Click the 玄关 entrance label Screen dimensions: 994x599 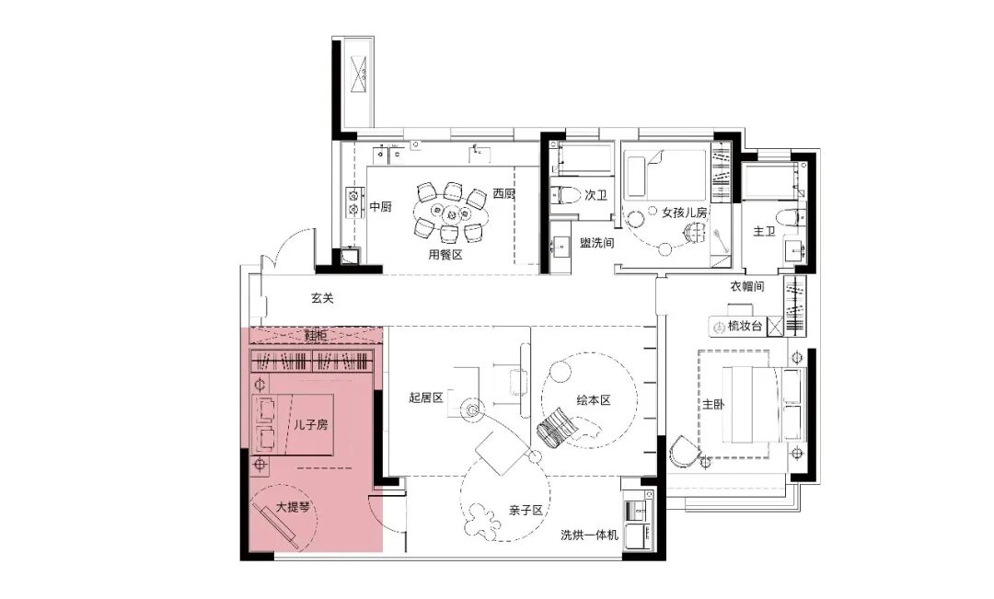click(x=322, y=297)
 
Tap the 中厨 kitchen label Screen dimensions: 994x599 click(x=380, y=207)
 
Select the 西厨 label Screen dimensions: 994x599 click(x=504, y=193)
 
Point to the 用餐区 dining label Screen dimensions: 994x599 click(x=445, y=255)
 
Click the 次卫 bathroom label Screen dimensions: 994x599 click(x=595, y=194)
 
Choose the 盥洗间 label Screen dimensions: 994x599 click(x=597, y=242)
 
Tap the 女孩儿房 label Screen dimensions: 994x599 click(x=685, y=213)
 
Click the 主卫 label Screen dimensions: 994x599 click(x=764, y=231)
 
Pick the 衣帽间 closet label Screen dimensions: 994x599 click(x=746, y=286)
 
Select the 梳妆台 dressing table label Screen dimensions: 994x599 click(x=745, y=327)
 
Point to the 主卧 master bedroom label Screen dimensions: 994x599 click(x=713, y=404)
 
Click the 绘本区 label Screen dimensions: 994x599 click(x=594, y=400)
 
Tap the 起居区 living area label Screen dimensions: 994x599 click(x=426, y=397)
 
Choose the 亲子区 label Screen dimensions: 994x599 click(x=526, y=511)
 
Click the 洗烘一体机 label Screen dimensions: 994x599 click(x=589, y=535)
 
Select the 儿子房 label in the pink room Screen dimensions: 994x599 click(x=311, y=425)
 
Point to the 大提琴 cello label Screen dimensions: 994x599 click(x=293, y=507)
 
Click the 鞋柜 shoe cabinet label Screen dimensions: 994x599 click(x=315, y=335)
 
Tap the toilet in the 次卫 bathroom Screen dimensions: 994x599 click(x=564, y=194)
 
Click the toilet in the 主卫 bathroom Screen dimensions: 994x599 click(x=792, y=217)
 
